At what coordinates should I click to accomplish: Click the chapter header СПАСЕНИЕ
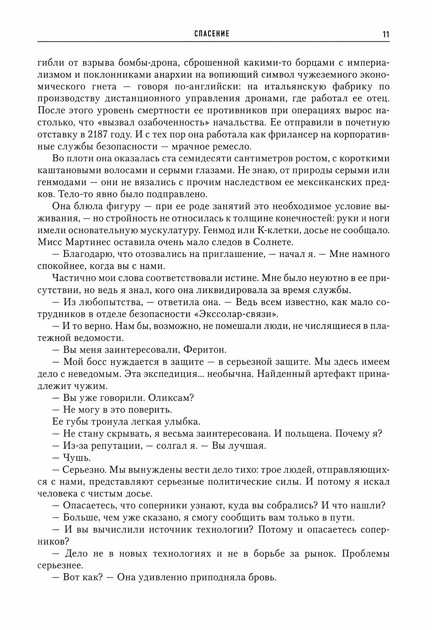[x=212, y=34]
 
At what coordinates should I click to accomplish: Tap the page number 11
[x=386, y=34]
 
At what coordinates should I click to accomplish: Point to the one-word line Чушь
[x=72, y=458]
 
